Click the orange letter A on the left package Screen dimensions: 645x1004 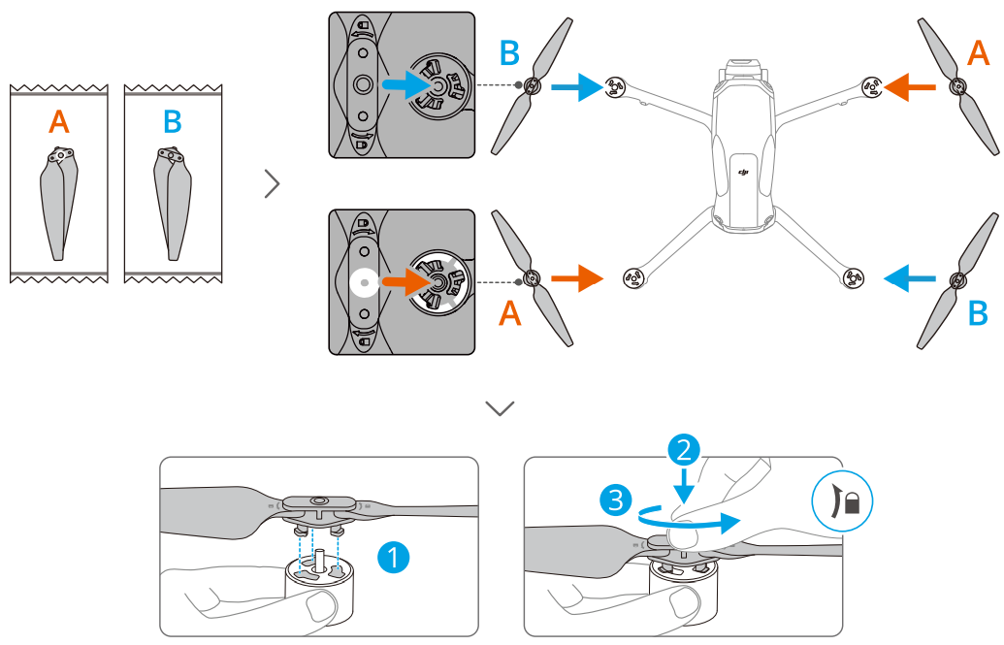click(x=59, y=122)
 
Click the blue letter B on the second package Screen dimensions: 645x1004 click(x=173, y=122)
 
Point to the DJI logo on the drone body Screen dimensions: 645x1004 click(x=744, y=173)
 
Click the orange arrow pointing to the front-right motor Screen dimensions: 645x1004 click(x=913, y=87)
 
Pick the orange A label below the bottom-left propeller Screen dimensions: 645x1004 click(x=510, y=313)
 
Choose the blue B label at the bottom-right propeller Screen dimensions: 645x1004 click(x=978, y=313)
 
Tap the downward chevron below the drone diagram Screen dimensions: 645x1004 click(x=501, y=408)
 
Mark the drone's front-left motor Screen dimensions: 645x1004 click(x=613, y=88)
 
